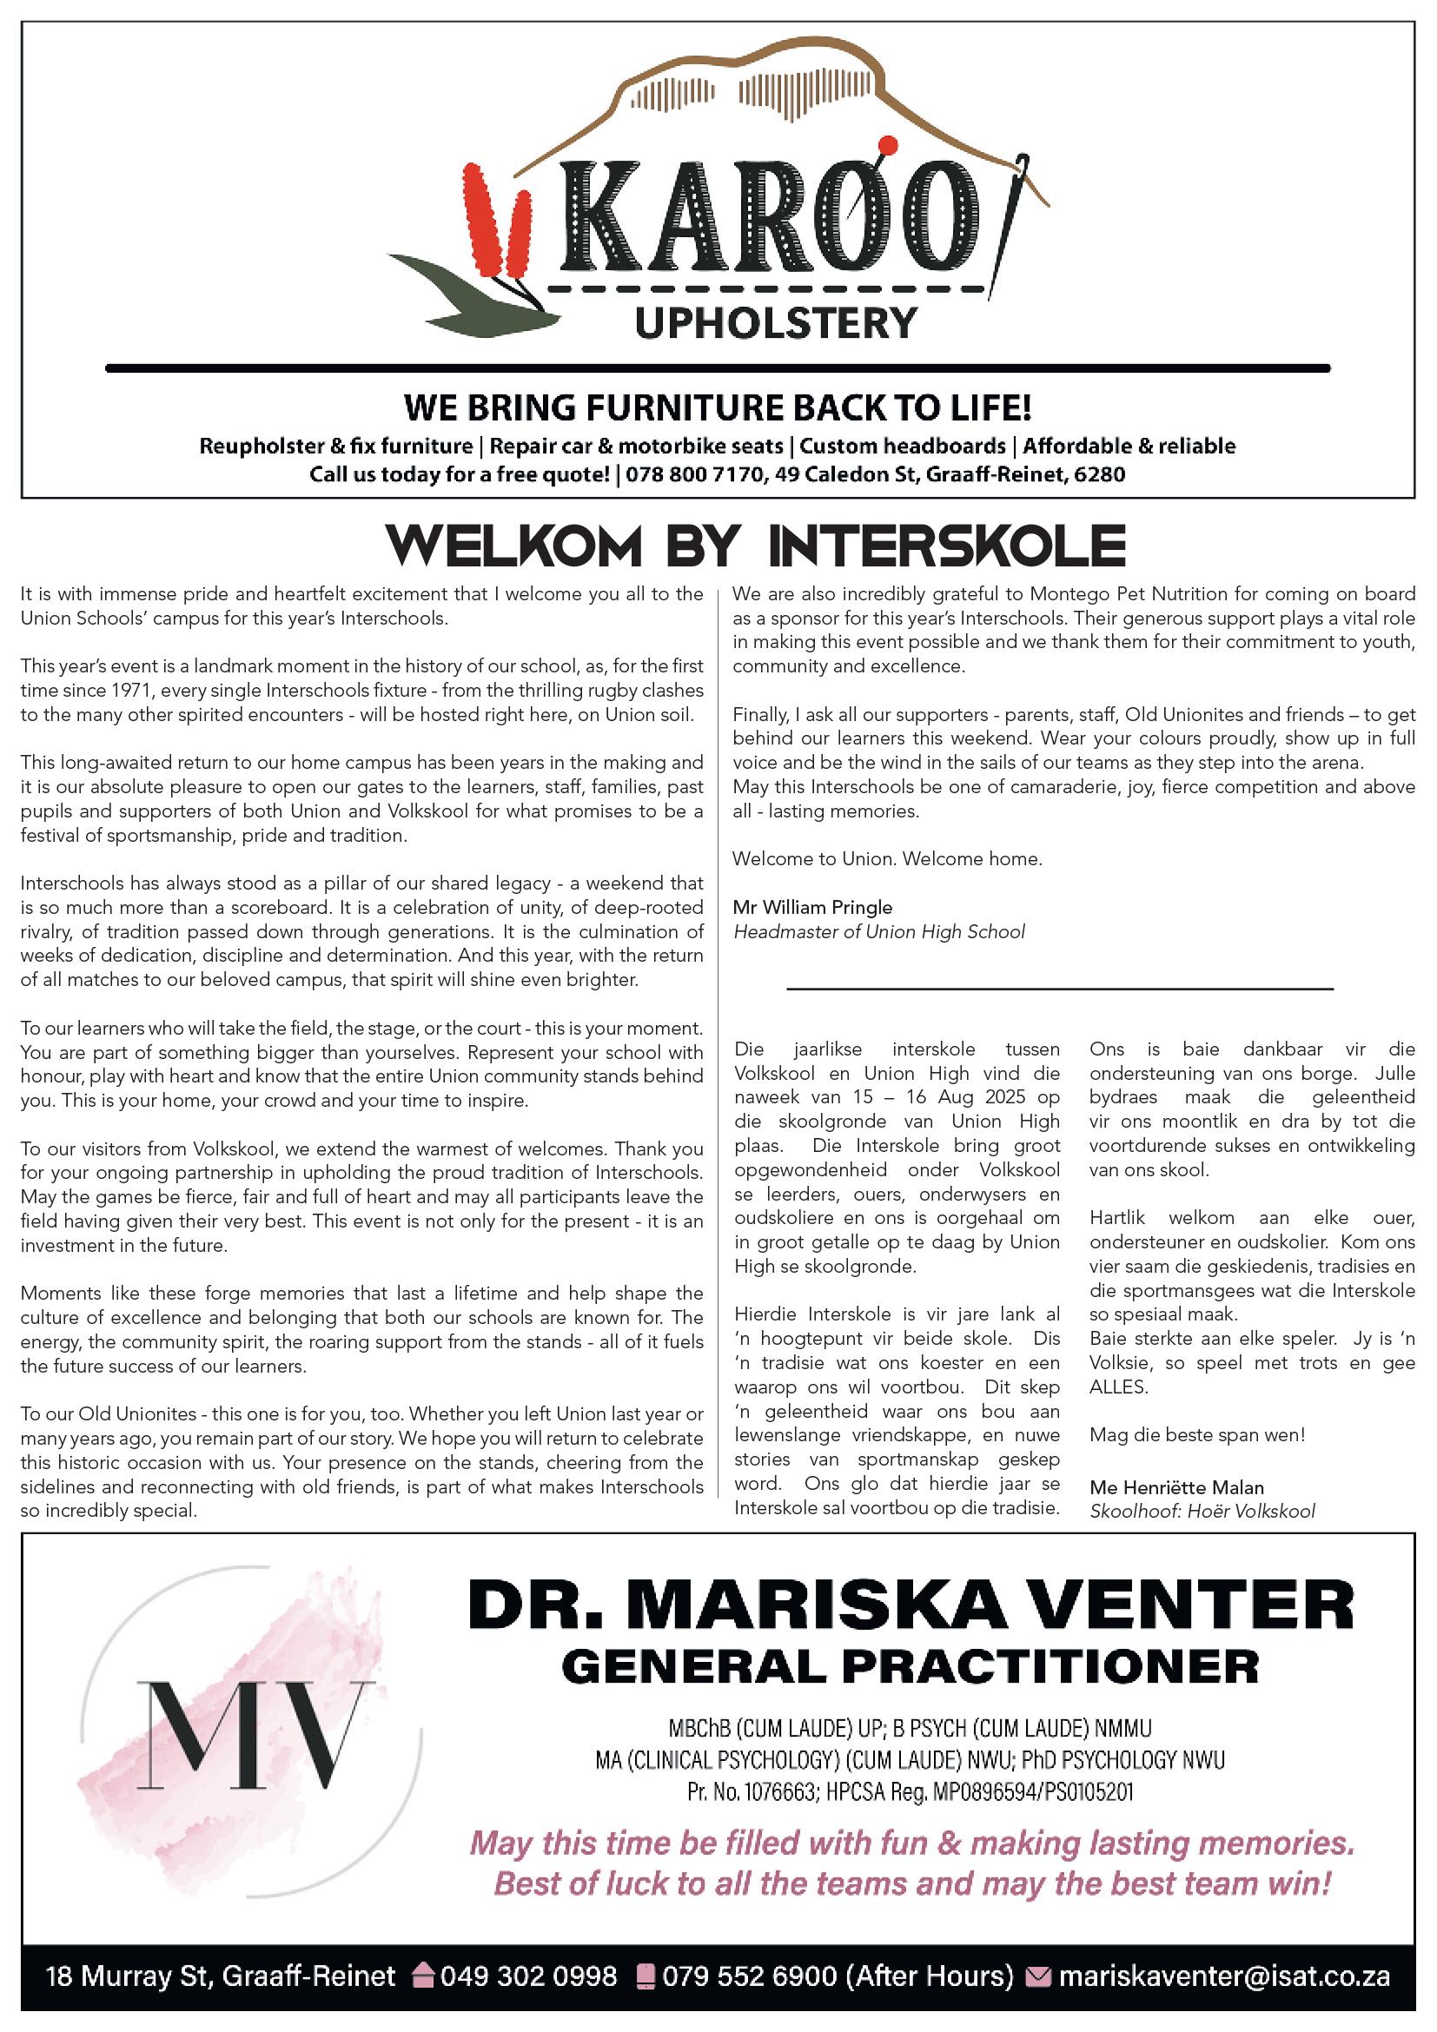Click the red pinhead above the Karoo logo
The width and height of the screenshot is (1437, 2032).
(x=890, y=145)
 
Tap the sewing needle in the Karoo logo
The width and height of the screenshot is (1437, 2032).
(x=1008, y=222)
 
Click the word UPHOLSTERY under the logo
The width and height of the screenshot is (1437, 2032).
(x=776, y=323)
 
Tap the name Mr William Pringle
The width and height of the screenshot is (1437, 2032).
(x=812, y=907)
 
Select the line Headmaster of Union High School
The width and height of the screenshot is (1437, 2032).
(x=878, y=932)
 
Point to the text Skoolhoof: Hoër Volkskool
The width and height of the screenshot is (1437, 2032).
(x=1202, y=1512)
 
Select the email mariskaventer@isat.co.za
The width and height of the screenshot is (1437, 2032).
(x=1224, y=1976)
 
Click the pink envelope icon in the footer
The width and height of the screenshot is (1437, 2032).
(x=1036, y=1976)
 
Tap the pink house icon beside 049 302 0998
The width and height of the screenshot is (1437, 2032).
(x=424, y=1976)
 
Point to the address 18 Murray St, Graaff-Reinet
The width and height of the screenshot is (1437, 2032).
(x=221, y=1976)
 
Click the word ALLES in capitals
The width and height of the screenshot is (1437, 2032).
(x=1118, y=1387)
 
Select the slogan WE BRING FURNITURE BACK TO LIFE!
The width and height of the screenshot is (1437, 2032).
(x=718, y=409)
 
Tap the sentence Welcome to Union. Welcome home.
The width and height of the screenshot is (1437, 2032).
(x=888, y=859)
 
